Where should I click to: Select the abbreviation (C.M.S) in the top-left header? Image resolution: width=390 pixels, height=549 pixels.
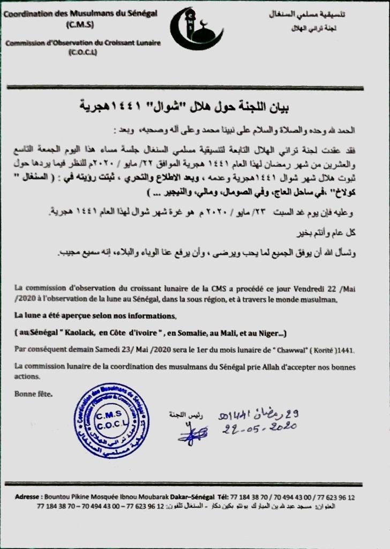coord(79,24)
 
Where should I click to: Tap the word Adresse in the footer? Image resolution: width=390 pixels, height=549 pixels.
coord(27,496)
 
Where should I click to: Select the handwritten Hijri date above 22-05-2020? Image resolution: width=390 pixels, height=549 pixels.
coord(258,413)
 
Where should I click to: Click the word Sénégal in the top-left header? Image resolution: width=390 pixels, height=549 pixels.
coord(138,13)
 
